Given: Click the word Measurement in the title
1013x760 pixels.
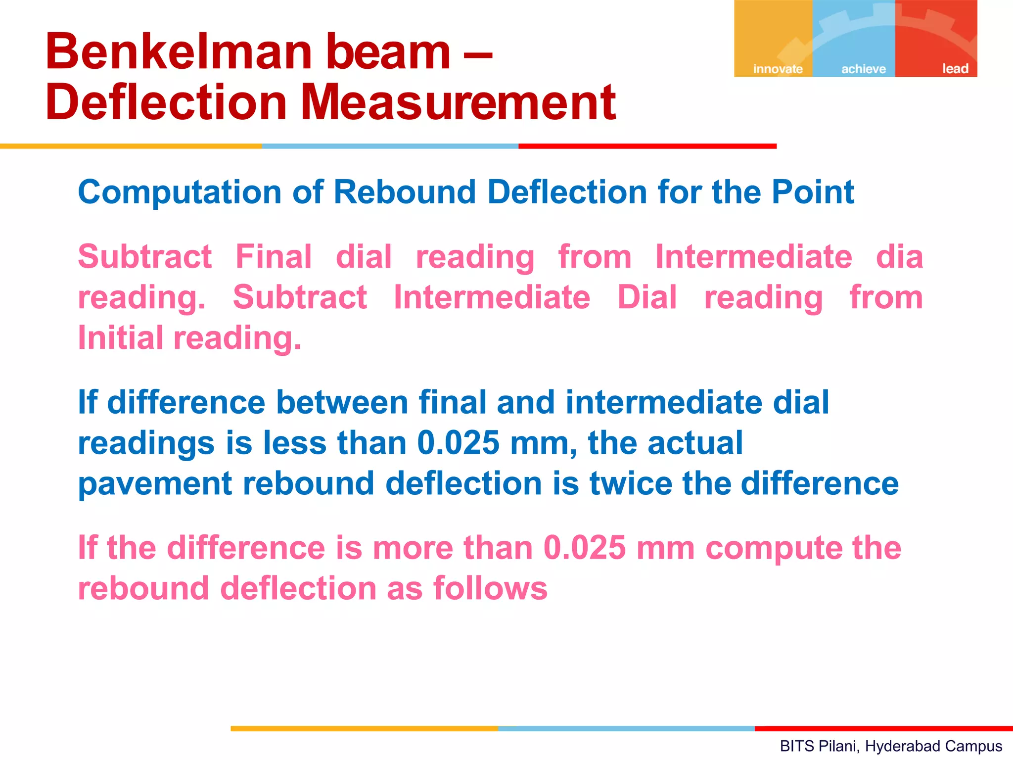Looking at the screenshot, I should tap(458, 103).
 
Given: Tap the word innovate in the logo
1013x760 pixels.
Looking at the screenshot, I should tap(778, 69).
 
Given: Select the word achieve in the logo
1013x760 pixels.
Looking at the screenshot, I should tap(864, 69).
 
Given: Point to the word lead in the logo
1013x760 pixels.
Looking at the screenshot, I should tap(955, 68).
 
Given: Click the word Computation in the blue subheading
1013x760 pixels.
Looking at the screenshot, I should tap(180, 192).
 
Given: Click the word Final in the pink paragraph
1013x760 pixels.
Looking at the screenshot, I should tap(274, 257).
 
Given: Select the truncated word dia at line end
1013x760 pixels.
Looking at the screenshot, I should tap(899, 257).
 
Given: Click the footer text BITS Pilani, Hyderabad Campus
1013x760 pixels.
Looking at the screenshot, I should tap(891, 746).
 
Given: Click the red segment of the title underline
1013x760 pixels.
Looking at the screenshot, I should tap(647, 146).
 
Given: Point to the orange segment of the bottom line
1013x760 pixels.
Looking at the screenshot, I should tap(364, 728).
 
